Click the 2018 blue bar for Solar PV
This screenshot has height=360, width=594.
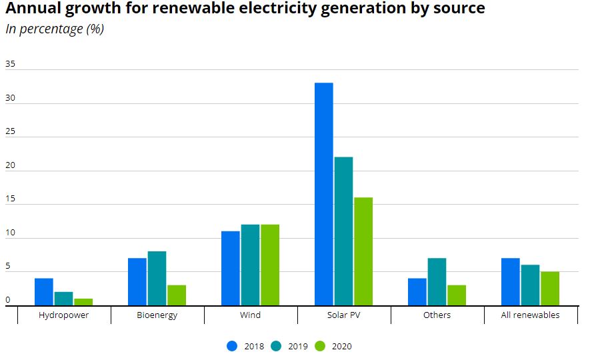point(324,193)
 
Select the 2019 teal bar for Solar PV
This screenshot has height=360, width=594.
point(343,231)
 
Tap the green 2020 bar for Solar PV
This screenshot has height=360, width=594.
point(363,251)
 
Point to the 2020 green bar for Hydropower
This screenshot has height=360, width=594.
point(83,301)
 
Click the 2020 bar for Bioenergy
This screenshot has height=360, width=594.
point(177,295)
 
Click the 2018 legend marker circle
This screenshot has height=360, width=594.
point(232,346)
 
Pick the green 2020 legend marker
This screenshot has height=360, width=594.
point(320,346)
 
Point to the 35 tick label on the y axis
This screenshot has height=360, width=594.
point(10,64)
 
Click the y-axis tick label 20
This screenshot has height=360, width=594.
point(10,165)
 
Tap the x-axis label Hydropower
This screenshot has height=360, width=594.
point(63,315)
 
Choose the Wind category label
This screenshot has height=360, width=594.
point(250,315)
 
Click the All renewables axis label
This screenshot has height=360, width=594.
point(530,315)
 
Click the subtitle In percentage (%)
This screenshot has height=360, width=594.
point(55,29)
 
